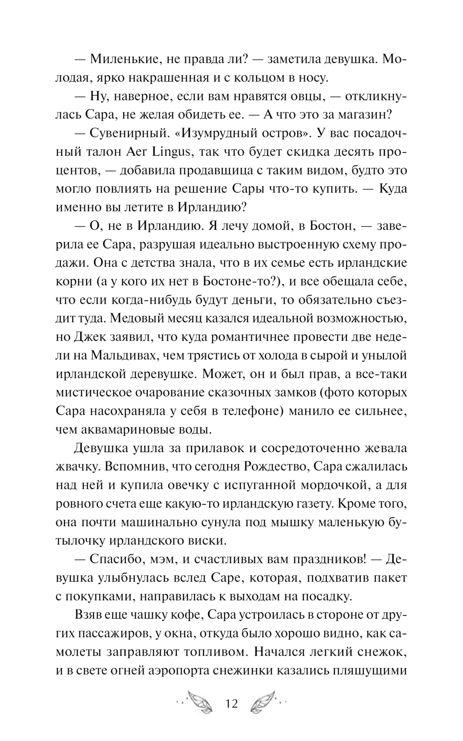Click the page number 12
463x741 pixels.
(231, 704)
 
